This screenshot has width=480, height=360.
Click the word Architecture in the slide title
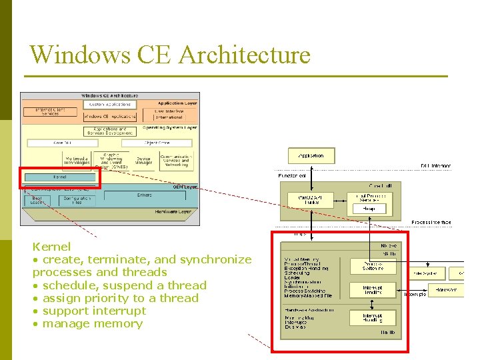point(243,55)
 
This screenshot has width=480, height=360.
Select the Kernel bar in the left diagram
point(59,177)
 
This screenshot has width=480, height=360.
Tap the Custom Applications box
point(110,105)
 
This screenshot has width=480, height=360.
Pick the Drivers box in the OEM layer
point(144,196)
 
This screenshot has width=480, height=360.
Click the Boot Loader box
point(39,200)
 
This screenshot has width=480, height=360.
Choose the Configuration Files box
point(77,200)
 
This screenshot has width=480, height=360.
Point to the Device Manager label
point(144,159)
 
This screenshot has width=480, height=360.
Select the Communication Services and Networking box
point(175,159)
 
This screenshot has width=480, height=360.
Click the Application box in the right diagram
point(311,155)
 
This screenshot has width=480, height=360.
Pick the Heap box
point(369,209)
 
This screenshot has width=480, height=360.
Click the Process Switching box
point(372,266)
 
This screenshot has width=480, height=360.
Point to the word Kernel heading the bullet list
point(51,247)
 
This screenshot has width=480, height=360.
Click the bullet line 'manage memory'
point(92,324)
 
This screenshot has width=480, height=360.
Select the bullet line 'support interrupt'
point(93,311)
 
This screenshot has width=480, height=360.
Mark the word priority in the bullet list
point(103,298)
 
